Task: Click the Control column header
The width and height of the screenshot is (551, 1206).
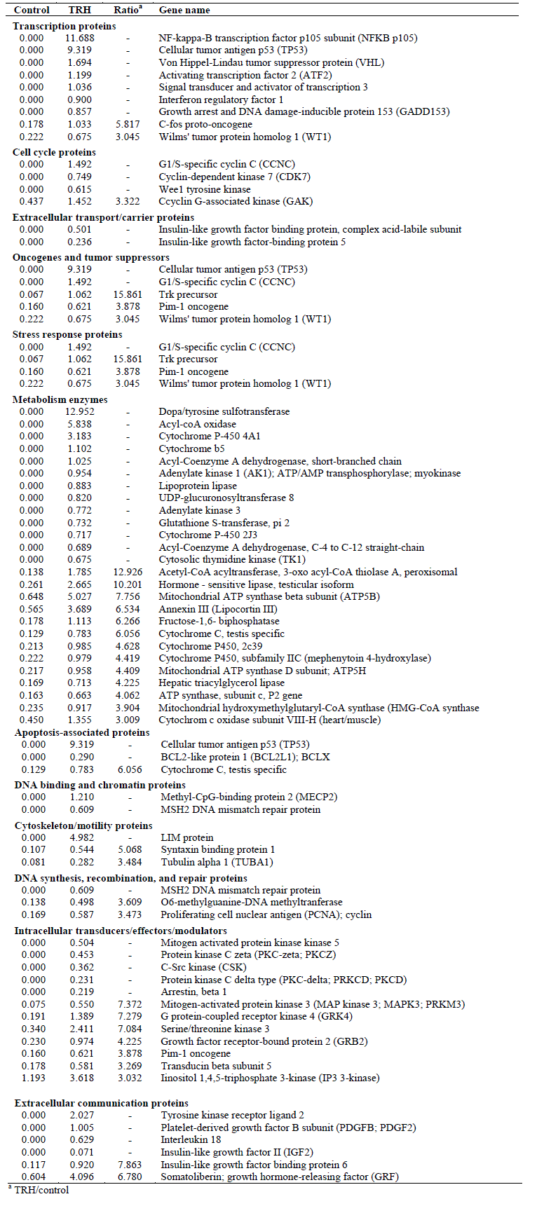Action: click(x=32, y=11)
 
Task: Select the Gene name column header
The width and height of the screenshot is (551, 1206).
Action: click(x=184, y=11)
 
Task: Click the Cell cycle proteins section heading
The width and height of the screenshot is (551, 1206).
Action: click(x=54, y=152)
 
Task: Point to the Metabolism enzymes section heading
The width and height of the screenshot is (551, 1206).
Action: click(x=60, y=399)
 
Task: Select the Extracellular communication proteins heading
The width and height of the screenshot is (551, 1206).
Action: click(x=102, y=1103)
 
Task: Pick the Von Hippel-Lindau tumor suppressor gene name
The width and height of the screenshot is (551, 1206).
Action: click(x=271, y=62)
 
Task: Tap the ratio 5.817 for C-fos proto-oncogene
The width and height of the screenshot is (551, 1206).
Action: click(x=128, y=124)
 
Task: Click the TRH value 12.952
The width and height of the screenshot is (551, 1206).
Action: click(x=80, y=411)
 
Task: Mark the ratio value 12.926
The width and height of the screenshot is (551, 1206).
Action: click(x=128, y=572)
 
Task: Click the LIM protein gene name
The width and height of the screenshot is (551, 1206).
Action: click(x=187, y=837)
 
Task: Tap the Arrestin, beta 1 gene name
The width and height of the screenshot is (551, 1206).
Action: click(x=193, y=992)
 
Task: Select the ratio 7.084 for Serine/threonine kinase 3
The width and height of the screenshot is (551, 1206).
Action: click(x=129, y=1029)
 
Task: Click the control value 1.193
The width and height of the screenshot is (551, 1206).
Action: click(x=33, y=1078)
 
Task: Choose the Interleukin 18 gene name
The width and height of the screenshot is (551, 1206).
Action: click(x=191, y=1139)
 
